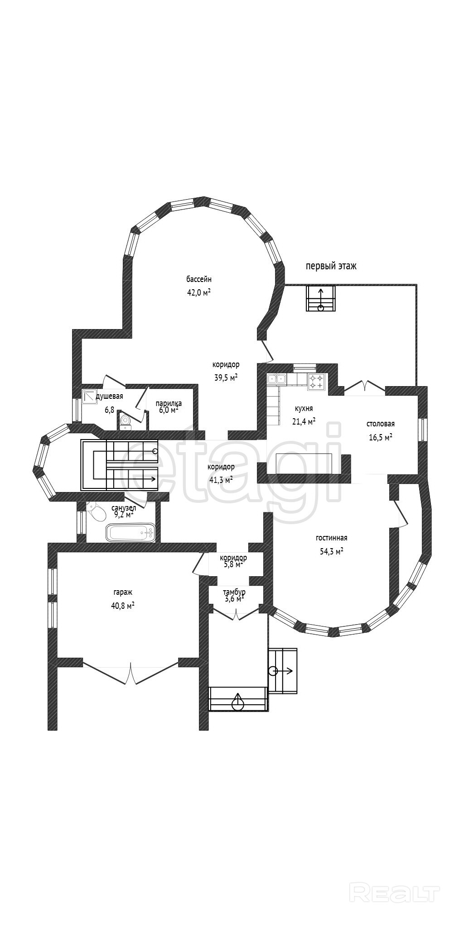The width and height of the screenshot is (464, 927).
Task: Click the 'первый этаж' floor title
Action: pyautogui.click(x=331, y=266)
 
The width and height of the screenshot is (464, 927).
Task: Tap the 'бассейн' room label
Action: pyautogui.click(x=199, y=279)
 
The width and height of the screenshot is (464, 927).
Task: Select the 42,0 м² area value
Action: pyautogui.click(x=199, y=292)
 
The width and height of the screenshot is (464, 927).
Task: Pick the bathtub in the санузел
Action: pyautogui.click(x=130, y=533)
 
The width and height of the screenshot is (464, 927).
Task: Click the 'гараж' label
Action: pyautogui.click(x=123, y=592)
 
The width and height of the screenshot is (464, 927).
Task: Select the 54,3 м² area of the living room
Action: pyautogui.click(x=331, y=551)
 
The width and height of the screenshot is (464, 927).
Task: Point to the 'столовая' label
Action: pyautogui.click(x=380, y=424)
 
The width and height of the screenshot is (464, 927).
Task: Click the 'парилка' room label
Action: pyautogui.click(x=169, y=403)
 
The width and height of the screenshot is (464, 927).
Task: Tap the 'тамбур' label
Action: pyautogui.click(x=234, y=592)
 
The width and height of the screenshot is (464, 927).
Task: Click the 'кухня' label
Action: pyautogui.click(x=304, y=409)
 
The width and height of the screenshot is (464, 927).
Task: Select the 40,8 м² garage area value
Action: pyautogui.click(x=123, y=606)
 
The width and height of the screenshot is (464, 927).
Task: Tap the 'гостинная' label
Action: pyautogui.click(x=331, y=538)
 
